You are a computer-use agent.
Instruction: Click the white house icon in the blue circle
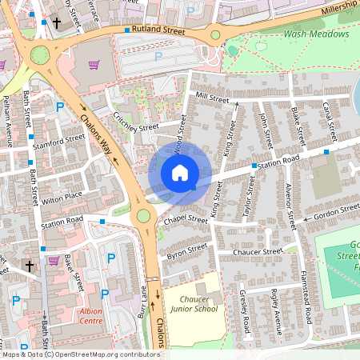pos(179,172)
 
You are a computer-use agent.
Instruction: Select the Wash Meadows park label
pos(316,34)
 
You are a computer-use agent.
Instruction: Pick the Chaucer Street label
pos(258,251)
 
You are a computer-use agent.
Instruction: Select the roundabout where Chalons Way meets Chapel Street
pos(143,215)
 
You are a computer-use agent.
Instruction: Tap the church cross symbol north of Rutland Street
pos(56,23)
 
